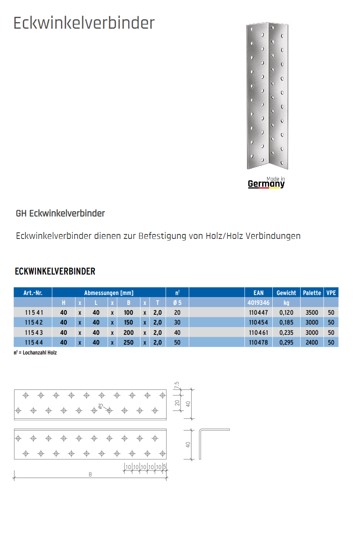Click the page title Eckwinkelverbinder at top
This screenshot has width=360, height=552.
coord(84,23)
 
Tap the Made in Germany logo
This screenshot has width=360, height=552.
coord(266,183)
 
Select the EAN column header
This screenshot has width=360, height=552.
coord(258,293)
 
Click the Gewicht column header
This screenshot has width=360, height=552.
coord(286,293)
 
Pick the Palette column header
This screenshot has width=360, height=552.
coord(312,293)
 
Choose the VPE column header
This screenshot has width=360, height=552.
coord(331,293)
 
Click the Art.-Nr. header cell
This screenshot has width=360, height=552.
coord(33,293)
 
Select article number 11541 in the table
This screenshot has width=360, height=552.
coord(33,313)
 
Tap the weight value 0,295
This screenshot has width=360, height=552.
coord(286,342)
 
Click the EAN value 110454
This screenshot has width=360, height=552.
coord(258,323)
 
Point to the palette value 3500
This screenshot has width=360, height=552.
coord(312,313)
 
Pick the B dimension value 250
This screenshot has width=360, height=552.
coord(129,342)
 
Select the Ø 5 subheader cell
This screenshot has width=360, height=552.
coord(177,303)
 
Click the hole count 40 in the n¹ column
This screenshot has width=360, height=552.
coord(177,332)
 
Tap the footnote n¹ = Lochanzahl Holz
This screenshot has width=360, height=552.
coord(35,352)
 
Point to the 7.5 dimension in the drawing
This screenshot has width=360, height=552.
coord(177,386)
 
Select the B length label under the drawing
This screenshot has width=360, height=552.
coord(90,475)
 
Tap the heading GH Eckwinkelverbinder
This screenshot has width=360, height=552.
coord(60,214)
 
